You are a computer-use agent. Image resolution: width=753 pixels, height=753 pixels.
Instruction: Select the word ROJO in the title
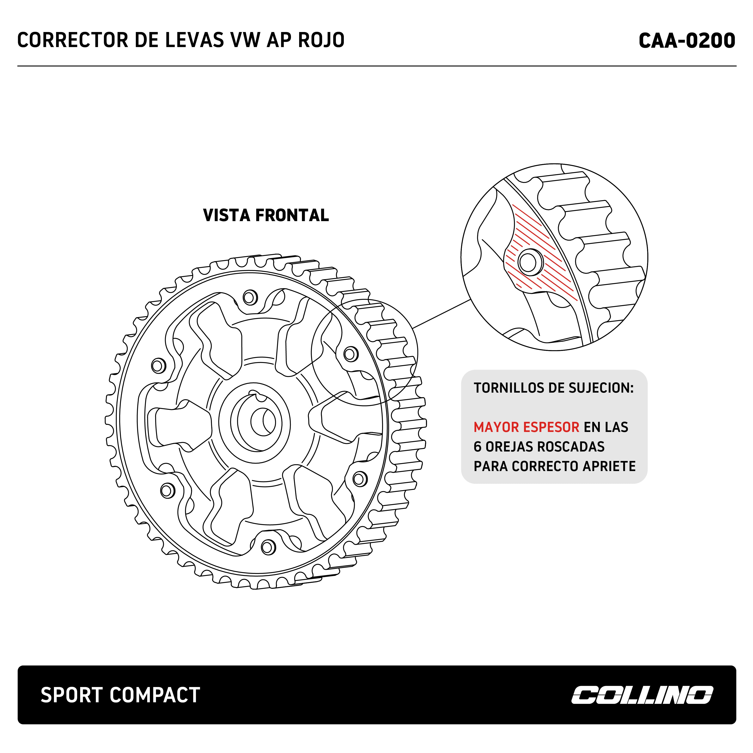321,40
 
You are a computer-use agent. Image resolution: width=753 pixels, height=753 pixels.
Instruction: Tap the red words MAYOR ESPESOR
526,427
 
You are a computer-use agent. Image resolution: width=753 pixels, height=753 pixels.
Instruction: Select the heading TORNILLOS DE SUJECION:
553,388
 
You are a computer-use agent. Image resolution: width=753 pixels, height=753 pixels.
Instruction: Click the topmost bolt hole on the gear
250,297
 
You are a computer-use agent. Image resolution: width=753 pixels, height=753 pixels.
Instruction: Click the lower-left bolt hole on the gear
168,491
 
